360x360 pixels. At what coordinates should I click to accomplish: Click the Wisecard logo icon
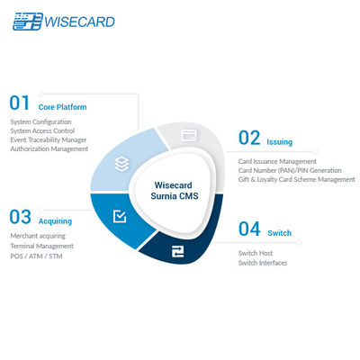coord(26,22)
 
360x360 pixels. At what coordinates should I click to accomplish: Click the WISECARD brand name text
coord(80,22)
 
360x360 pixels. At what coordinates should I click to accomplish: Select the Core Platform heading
coord(63,107)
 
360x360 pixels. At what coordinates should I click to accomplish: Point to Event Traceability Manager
coord(49,139)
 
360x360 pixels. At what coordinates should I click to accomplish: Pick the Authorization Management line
coord(49,148)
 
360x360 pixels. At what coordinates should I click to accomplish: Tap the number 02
coord(249,139)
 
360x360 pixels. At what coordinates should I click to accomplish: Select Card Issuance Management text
coord(277,161)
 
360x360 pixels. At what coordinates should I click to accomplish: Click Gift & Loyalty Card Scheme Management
coord(296,179)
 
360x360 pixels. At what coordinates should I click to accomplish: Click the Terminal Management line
coord(41,245)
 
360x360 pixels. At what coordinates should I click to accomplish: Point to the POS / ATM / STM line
coord(37,255)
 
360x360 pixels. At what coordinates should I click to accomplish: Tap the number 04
coord(249,229)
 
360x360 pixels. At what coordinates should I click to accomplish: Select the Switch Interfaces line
coord(264,263)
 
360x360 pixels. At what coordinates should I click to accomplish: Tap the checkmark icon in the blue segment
coord(120,217)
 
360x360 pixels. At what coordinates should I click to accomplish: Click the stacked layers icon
coord(120,165)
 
